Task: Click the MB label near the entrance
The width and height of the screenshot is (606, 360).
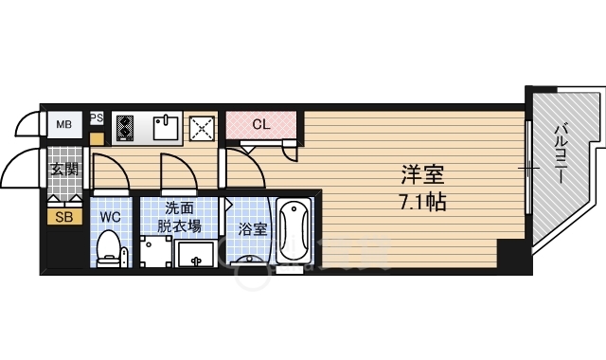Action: tap(64, 124)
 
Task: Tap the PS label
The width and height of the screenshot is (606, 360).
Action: tap(97, 118)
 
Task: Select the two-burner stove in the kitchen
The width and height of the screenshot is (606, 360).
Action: tap(126, 127)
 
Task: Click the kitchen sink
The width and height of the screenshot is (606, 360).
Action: tap(167, 127)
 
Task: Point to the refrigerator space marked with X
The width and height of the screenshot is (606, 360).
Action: tap(201, 129)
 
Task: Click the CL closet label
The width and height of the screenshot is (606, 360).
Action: tap(262, 124)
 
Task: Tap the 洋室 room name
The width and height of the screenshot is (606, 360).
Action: tap(422, 175)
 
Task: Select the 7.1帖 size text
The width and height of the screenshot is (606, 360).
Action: tap(422, 201)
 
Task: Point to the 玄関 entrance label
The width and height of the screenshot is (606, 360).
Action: tap(64, 171)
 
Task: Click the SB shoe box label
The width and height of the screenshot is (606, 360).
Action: tap(63, 216)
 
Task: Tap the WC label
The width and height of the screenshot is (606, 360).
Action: tap(111, 217)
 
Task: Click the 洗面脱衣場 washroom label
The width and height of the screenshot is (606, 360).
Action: tap(179, 216)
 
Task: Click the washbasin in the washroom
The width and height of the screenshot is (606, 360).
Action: tap(196, 254)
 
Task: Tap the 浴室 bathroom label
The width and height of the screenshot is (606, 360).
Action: tap(251, 228)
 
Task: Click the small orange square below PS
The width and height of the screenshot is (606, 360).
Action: tap(97, 138)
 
